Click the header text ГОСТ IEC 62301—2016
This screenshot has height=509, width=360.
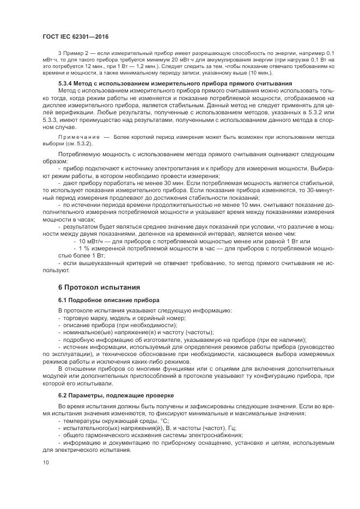75,36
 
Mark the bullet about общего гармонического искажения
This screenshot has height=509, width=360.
150,435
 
